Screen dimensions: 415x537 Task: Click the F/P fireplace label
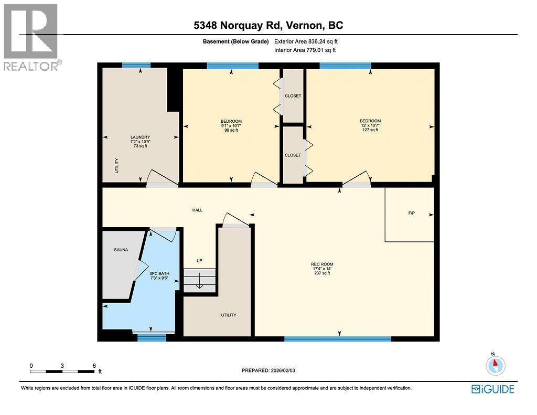[412, 214]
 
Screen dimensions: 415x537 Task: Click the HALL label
[197, 210]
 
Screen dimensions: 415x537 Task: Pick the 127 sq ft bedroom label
[370, 125]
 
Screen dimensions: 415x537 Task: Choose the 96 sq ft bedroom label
[231, 126]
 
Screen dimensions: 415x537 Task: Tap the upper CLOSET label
[293, 96]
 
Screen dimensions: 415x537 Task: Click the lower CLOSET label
[293, 155]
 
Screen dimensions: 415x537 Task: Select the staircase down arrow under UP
[199, 282]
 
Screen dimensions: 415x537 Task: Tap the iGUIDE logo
[492, 389]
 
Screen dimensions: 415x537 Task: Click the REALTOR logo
[32, 37]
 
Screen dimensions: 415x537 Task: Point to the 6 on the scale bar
[93, 365]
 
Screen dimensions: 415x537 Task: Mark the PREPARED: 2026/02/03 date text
[272, 370]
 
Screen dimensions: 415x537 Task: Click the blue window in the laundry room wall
[136, 65]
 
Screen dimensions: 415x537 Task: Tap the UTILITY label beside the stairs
[228, 315]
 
